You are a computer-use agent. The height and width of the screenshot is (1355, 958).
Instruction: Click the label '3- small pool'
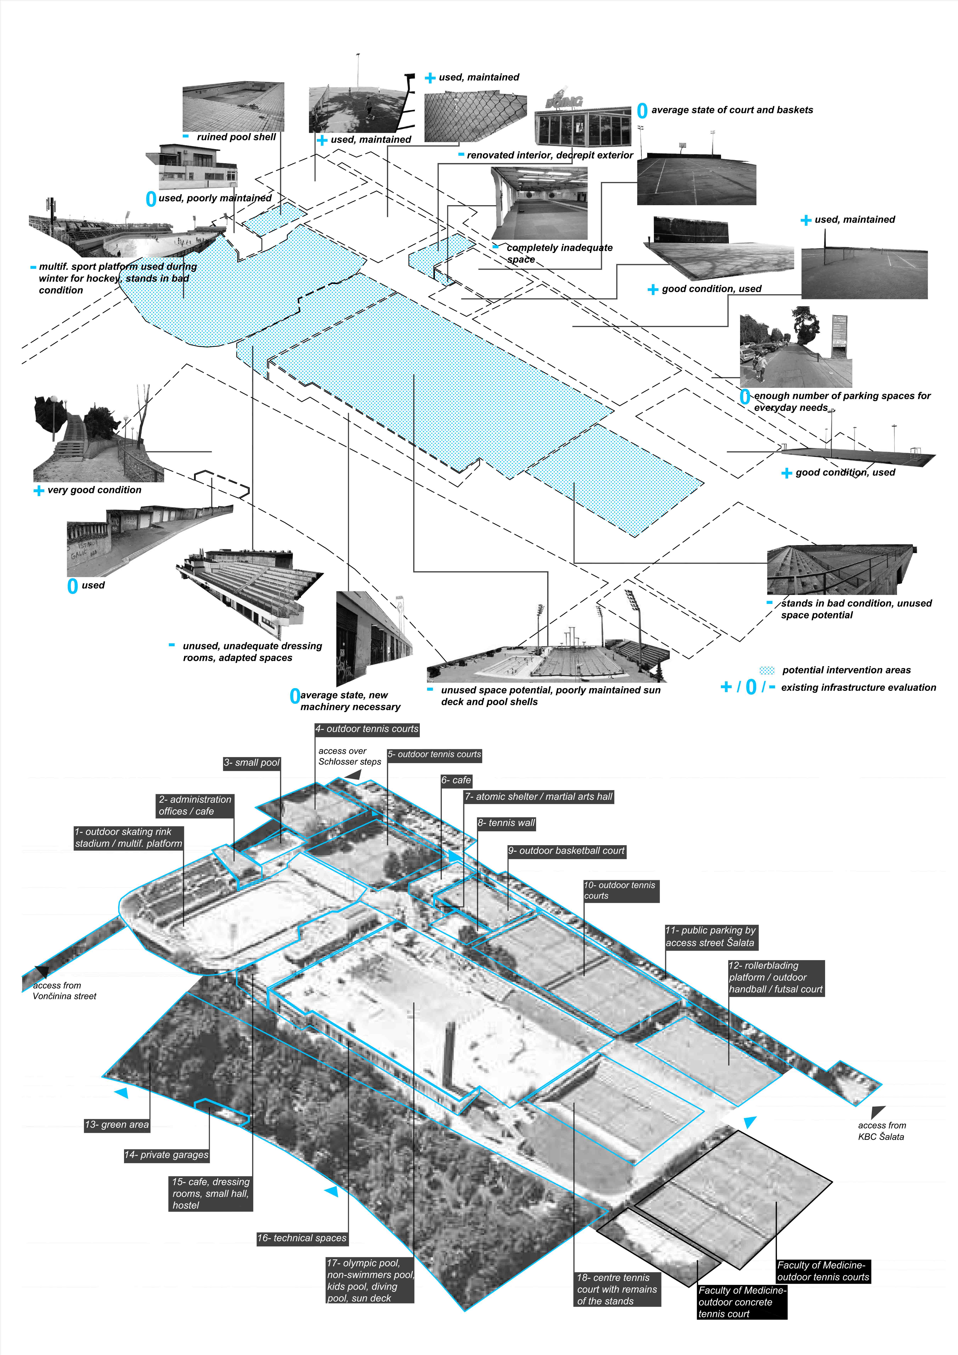252,763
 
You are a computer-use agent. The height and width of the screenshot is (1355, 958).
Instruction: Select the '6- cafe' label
456,780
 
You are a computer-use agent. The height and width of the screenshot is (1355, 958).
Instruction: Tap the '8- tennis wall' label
506,823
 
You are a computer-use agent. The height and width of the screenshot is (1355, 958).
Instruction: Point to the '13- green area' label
117,1124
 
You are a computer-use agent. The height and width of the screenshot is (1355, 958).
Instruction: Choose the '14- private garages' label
167,1154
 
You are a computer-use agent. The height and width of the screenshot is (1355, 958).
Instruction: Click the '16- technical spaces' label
302,1238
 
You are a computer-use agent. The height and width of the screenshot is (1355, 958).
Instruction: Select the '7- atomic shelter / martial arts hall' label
538,797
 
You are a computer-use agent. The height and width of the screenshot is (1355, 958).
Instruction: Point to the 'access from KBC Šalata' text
881,1131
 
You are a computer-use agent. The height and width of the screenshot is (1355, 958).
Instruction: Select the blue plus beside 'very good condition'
39,490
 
